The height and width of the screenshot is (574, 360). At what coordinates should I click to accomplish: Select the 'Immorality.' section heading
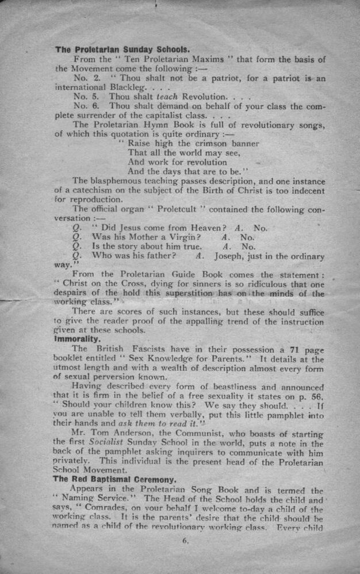pyautogui.click(x=77, y=339)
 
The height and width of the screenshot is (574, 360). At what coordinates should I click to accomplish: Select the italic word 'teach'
pyautogui.click(x=167, y=97)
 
